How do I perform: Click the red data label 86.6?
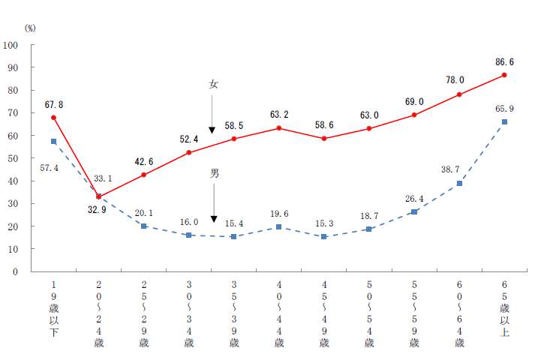click(504, 62)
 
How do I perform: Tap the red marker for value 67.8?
click(53, 118)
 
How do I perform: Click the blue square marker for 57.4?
click(53, 141)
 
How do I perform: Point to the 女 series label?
click(213, 85)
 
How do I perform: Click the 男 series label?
click(215, 173)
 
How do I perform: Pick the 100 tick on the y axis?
click(11, 45)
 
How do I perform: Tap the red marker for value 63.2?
click(279, 128)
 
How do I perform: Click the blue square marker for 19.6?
click(279, 226)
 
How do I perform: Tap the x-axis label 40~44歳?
click(279, 314)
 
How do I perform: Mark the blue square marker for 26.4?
click(414, 211)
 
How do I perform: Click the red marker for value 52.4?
click(189, 152)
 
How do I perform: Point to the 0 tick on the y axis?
click(16, 271)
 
